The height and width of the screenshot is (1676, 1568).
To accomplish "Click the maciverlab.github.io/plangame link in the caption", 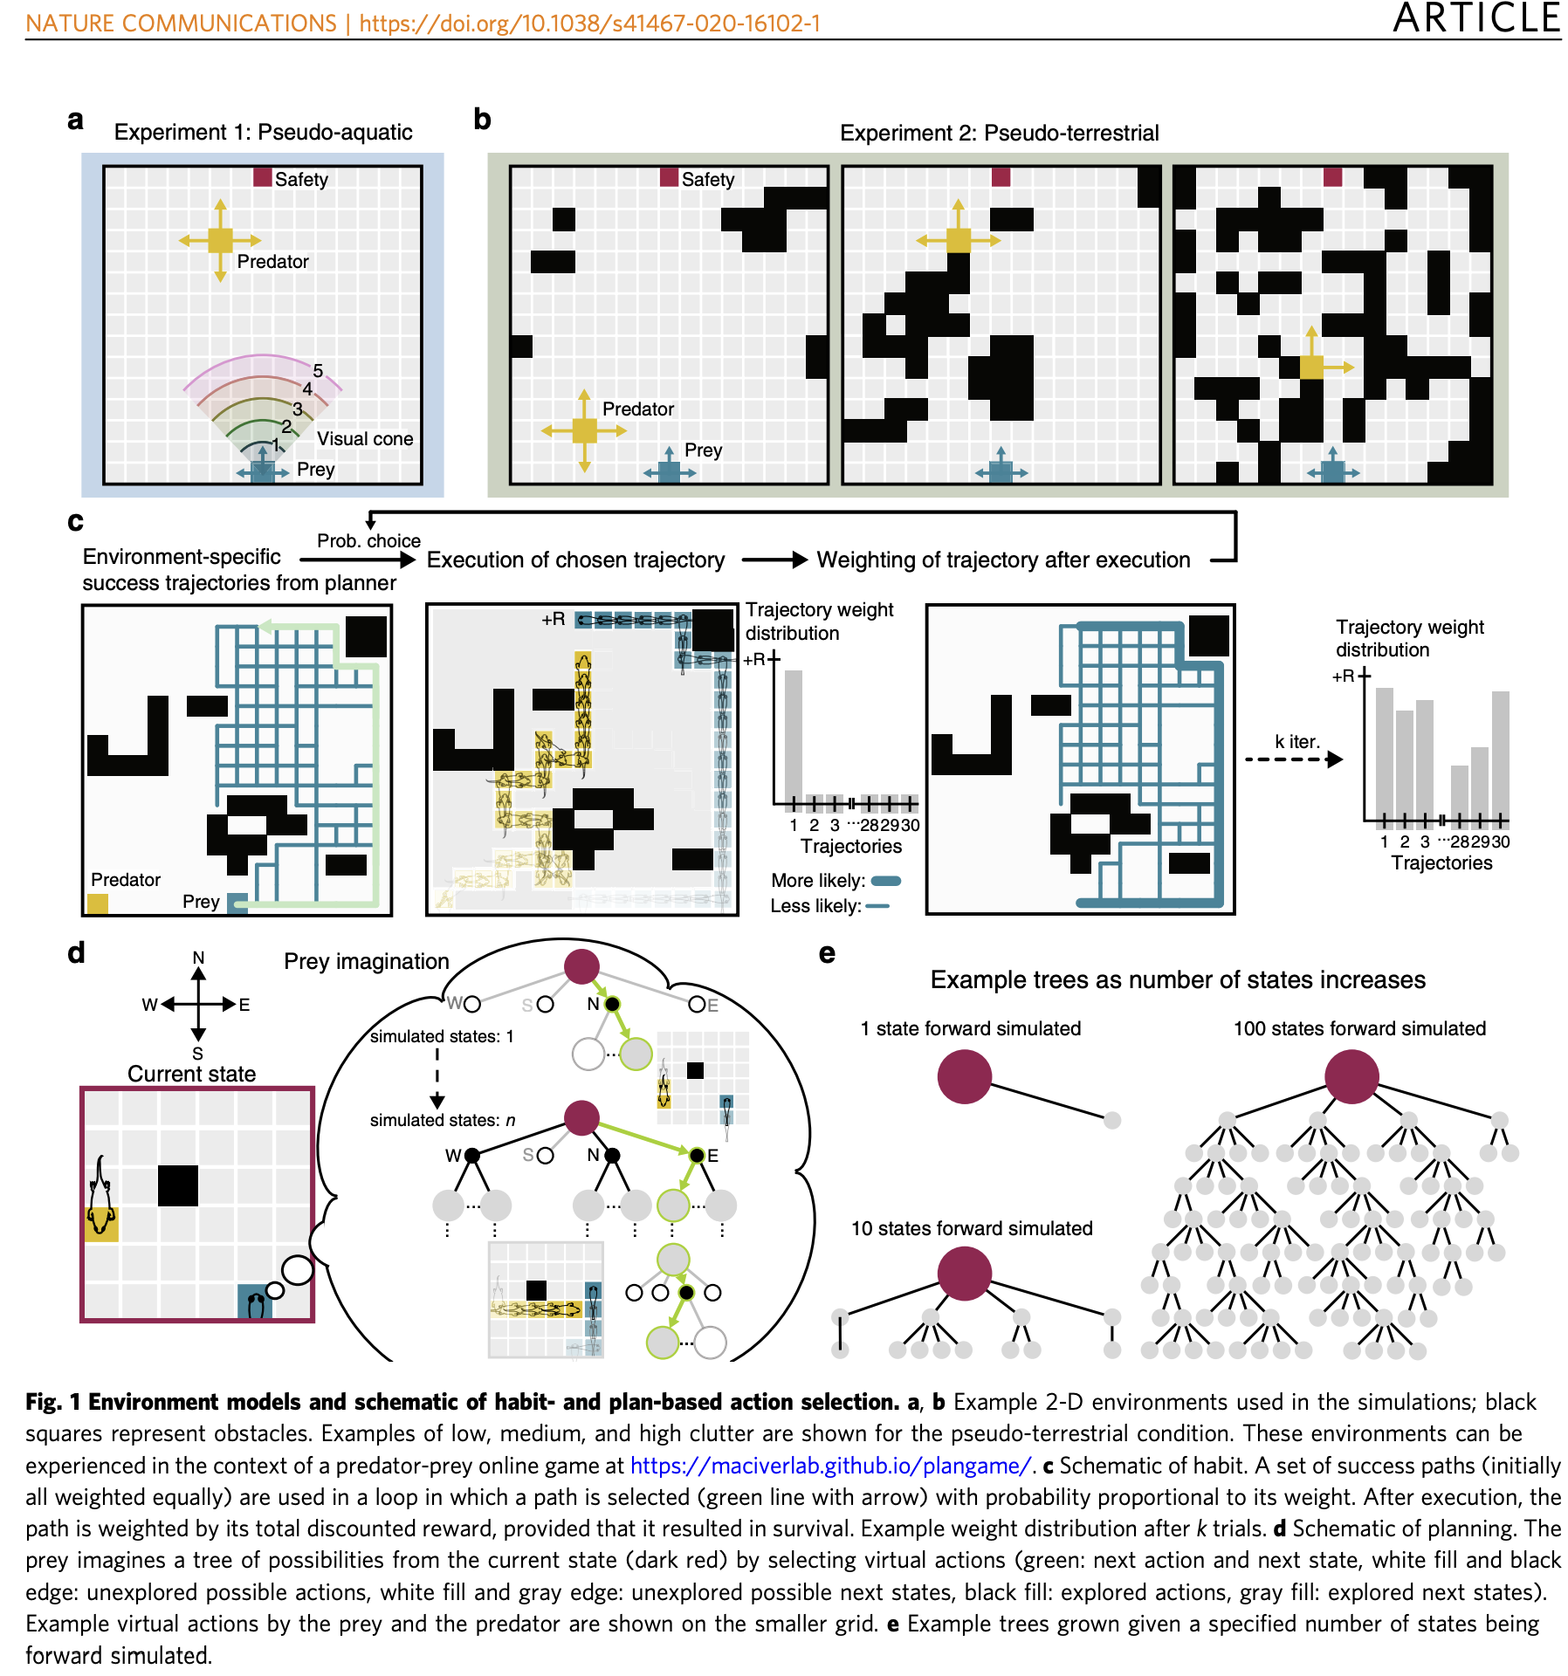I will [x=830, y=1466].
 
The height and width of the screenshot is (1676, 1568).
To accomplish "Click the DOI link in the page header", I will [x=589, y=24].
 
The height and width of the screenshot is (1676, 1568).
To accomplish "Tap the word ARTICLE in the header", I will [x=1475, y=19].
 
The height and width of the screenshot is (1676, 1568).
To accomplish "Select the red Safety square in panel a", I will [x=262, y=177].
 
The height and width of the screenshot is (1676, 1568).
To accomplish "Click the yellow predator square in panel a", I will [x=220, y=240].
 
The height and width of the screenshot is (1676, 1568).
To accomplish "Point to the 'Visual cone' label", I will [x=365, y=438].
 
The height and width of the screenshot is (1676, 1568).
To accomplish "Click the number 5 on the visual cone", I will [x=318, y=371].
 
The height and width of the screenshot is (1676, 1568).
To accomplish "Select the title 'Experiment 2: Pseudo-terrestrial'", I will [x=999, y=133].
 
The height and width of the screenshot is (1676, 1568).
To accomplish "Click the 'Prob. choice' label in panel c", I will [x=368, y=540].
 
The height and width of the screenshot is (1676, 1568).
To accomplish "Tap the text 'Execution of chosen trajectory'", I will [x=575, y=560].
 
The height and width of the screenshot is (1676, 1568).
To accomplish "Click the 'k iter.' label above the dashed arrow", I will [x=1296, y=741].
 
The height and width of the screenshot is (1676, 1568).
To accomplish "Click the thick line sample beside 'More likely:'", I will [x=885, y=881].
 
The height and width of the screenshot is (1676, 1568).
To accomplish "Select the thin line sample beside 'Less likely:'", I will [x=877, y=906].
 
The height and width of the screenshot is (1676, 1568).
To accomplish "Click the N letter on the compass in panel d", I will [x=198, y=958].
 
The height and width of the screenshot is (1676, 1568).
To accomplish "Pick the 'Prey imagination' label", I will [x=366, y=961].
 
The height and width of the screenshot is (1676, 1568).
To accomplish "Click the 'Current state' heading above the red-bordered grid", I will [x=191, y=1074].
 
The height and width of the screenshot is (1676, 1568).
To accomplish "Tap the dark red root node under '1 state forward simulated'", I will [x=964, y=1076].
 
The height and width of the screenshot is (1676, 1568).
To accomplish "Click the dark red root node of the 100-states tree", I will [x=1351, y=1076].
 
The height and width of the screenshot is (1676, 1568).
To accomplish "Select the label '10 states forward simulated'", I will [x=972, y=1228].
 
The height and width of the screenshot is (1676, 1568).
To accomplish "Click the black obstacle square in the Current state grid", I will [x=178, y=1185].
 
